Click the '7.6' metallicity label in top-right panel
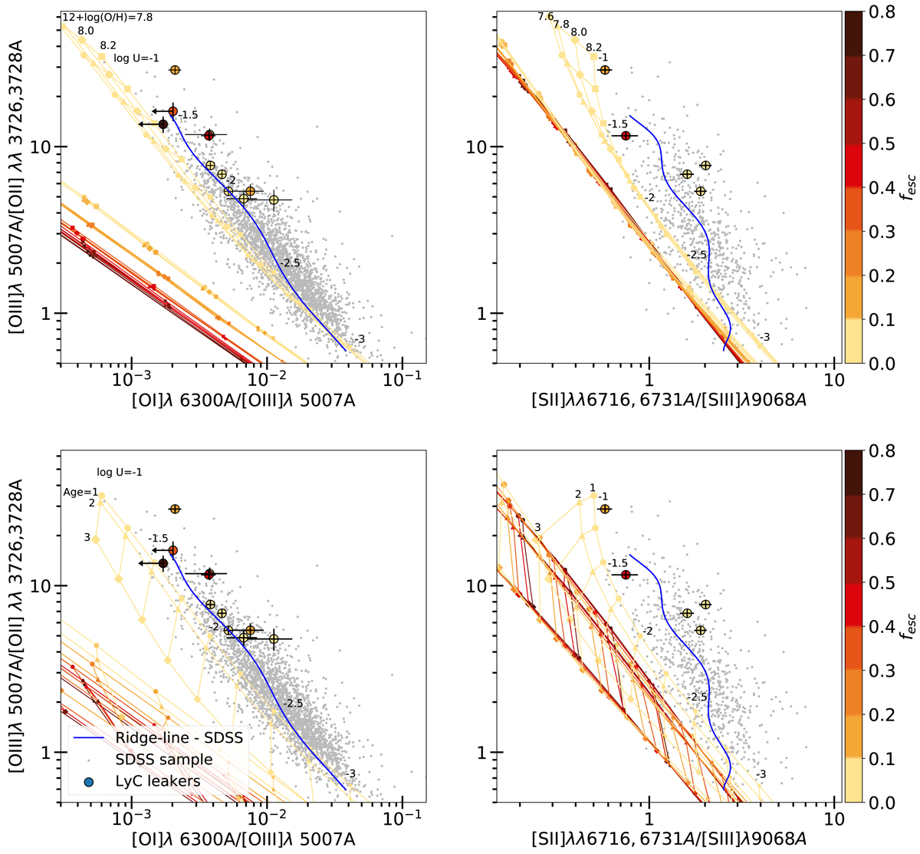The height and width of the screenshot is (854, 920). pyautogui.click(x=545, y=16)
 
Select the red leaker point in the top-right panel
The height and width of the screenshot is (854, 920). pyautogui.click(x=626, y=136)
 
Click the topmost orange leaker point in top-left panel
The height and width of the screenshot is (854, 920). pyautogui.click(x=175, y=70)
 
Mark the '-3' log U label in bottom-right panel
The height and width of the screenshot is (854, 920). pyautogui.click(x=761, y=774)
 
